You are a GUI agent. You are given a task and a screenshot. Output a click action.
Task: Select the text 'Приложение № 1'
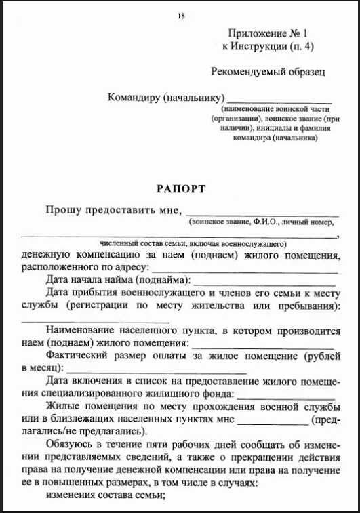[268, 33]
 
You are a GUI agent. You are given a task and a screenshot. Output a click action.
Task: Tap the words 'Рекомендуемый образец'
[268, 70]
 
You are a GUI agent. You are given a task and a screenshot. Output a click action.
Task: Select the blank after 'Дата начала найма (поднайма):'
[264, 281]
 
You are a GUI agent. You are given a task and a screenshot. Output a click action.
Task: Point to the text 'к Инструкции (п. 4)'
[268, 47]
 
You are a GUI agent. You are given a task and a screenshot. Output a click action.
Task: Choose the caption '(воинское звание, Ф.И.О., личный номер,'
[262, 222]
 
